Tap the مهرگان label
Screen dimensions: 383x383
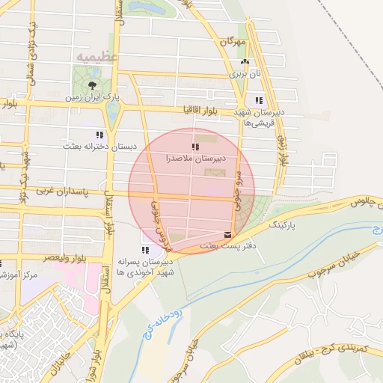tap(232, 43)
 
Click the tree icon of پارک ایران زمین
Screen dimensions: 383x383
tap(94, 85)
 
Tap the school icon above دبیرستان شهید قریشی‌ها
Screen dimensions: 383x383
tap(259, 100)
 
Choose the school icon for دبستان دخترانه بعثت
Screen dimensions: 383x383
tap(99, 135)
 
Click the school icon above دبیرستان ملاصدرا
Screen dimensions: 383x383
tap(195, 147)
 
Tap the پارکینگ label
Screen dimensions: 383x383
tap(283, 224)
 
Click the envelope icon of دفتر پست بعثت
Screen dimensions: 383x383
tap(227, 234)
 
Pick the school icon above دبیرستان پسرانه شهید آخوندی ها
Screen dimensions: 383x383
tap(144, 249)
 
